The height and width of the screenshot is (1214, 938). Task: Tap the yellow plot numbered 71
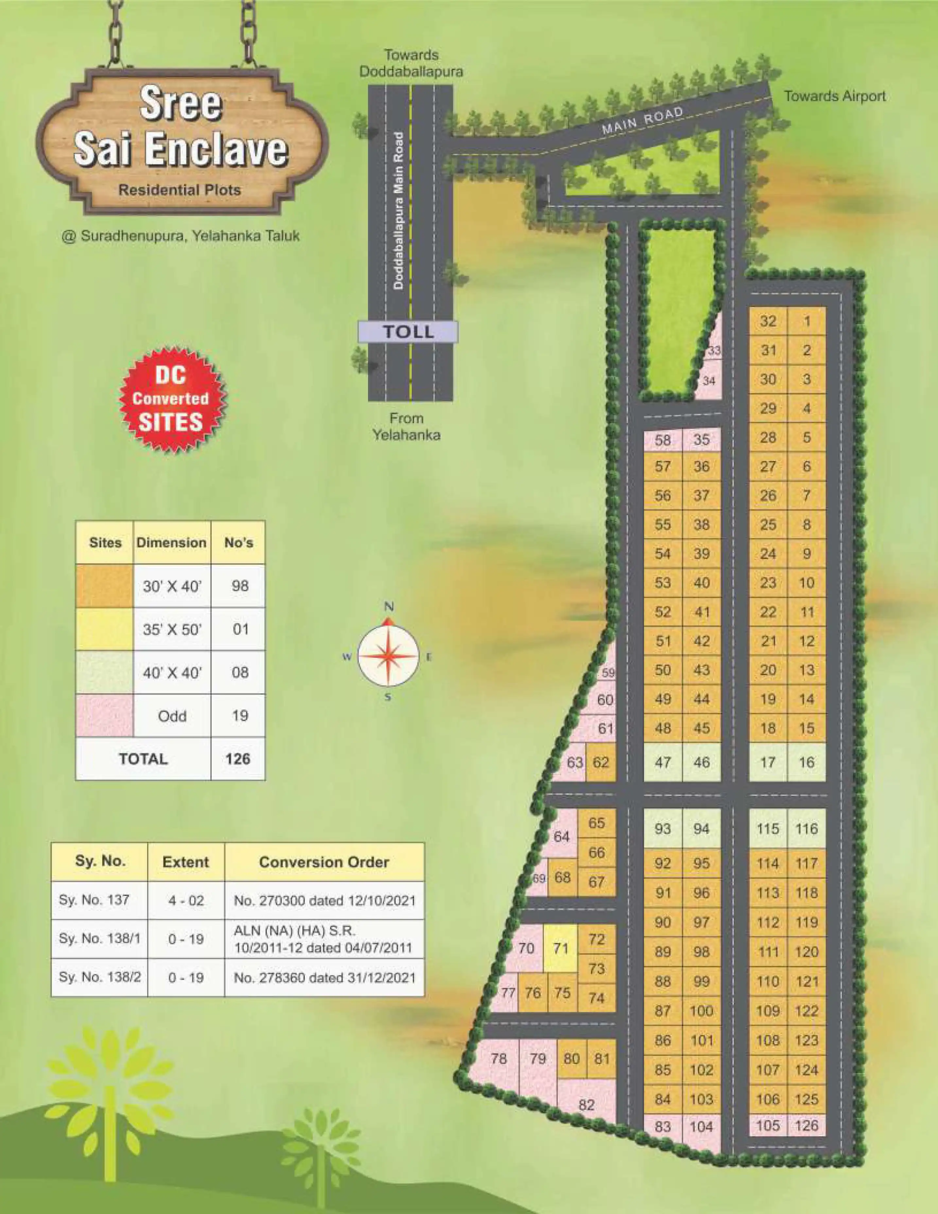click(x=561, y=948)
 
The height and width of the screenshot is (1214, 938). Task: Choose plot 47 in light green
click(x=663, y=762)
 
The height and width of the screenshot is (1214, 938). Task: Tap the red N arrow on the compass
click(x=389, y=620)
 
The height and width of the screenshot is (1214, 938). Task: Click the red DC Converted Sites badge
click(x=171, y=399)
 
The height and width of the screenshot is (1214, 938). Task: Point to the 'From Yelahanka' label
click(x=407, y=426)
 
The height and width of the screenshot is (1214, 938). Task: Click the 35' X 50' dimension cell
click(x=172, y=629)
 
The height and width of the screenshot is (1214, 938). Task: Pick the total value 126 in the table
click(x=238, y=759)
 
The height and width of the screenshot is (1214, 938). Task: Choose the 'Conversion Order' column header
click(x=323, y=862)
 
